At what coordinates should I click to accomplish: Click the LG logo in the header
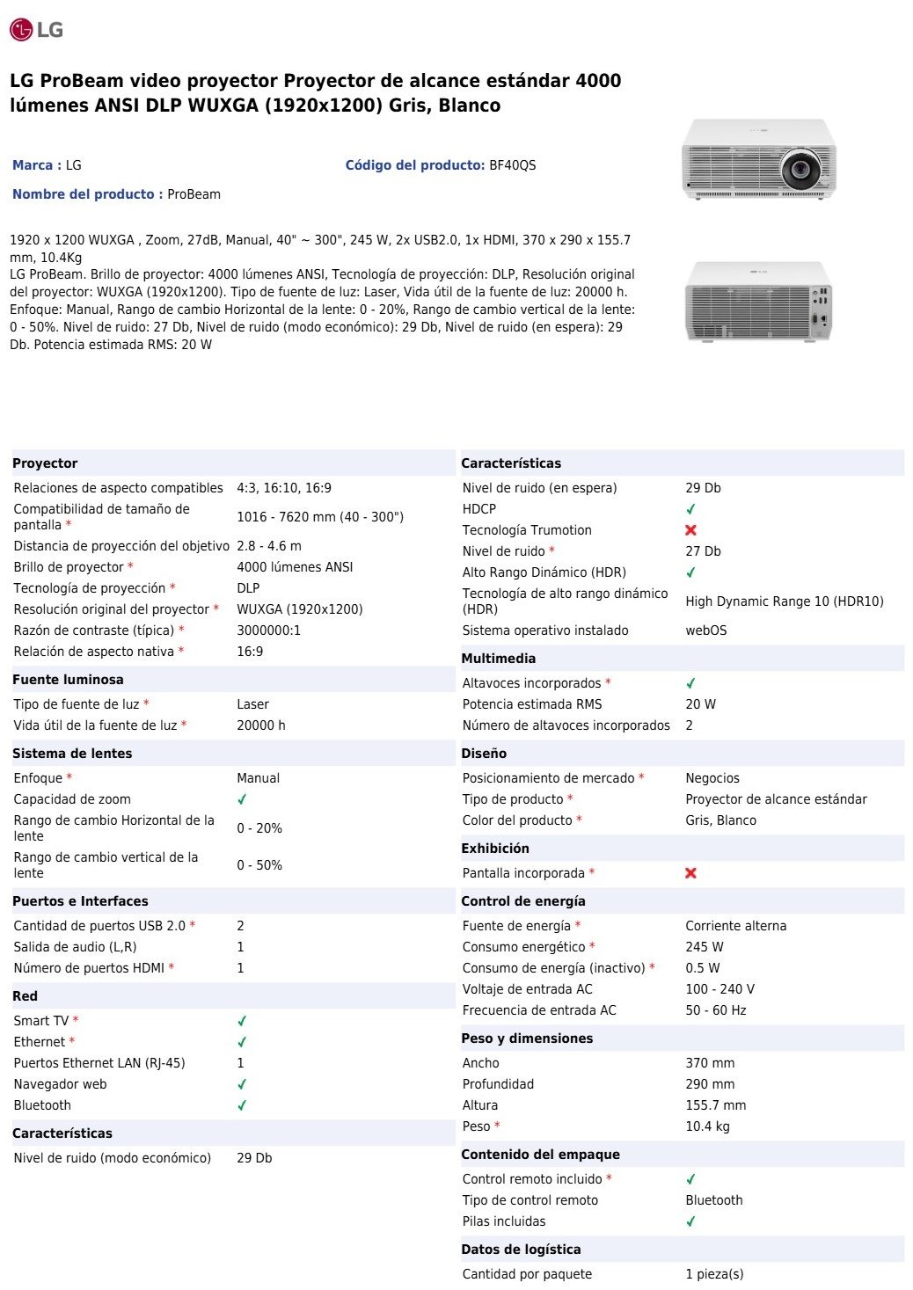(36, 30)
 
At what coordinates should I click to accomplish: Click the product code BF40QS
(512, 165)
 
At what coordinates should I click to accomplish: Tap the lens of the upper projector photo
(800, 165)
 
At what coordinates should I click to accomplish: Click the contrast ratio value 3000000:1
(268, 630)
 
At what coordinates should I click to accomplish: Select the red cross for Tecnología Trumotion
(690, 530)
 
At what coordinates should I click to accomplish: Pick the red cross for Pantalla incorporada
(690, 873)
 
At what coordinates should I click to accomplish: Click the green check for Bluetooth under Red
(242, 1105)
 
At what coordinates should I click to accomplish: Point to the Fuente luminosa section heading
(68, 680)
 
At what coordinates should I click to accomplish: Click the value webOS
(706, 630)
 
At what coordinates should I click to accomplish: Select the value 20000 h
(260, 725)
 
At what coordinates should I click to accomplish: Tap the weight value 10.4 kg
(707, 1126)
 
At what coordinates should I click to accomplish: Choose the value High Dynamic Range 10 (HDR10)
(784, 601)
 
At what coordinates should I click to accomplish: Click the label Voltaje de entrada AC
(527, 989)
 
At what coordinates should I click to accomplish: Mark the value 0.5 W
(702, 968)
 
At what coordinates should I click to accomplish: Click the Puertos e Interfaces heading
(80, 901)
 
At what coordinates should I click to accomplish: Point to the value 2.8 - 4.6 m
(268, 546)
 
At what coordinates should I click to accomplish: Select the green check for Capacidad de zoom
(242, 799)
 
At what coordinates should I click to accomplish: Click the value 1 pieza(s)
(714, 1274)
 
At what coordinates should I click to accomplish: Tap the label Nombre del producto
(84, 194)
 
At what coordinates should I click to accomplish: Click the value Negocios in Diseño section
(712, 778)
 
